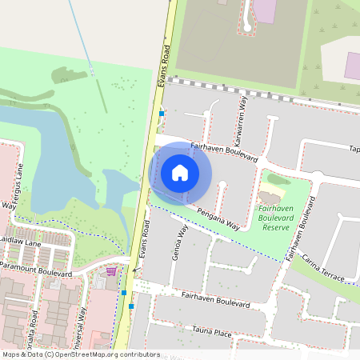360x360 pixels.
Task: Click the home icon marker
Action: click(180, 172)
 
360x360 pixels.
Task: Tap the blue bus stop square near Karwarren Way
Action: click(162, 114)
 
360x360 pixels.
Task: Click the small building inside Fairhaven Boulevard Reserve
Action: click(270, 196)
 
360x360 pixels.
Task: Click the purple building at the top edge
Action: click(265, 10)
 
